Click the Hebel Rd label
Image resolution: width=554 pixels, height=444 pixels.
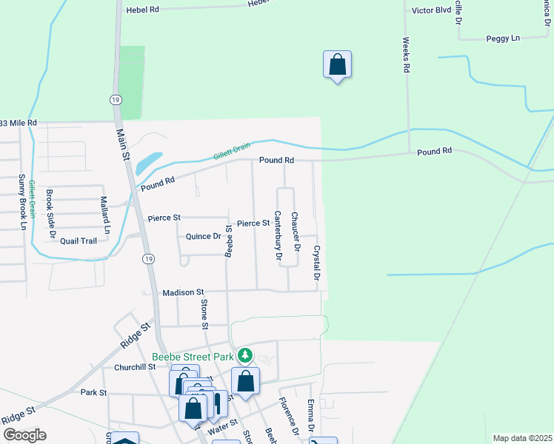(143, 10)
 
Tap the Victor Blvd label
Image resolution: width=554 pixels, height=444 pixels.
(431, 11)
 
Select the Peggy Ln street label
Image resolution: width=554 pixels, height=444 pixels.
(504, 38)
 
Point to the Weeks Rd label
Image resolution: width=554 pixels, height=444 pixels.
(407, 55)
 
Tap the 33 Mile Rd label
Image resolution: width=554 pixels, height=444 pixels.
(18, 122)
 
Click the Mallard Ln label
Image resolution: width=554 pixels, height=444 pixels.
(105, 215)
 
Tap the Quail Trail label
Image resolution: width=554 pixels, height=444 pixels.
(79, 240)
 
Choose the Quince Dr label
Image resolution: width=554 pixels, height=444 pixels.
(204, 237)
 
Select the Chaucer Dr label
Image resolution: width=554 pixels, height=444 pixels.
(295, 232)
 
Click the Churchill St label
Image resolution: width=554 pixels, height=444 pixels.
(135, 367)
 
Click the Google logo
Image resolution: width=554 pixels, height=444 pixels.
(24, 435)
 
